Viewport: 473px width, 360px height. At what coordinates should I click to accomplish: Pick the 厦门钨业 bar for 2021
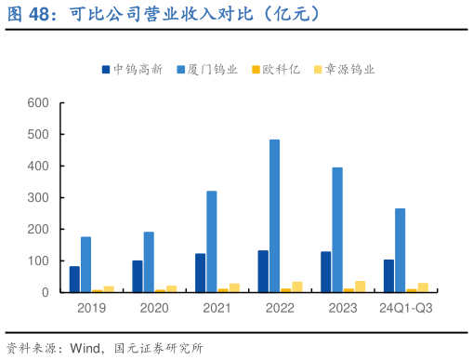point(212,242)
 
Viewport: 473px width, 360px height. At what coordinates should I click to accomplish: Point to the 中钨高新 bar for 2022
point(263,271)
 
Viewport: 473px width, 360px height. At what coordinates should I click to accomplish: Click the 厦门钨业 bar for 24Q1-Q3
point(401,250)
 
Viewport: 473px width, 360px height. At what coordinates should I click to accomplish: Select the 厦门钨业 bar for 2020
point(149,261)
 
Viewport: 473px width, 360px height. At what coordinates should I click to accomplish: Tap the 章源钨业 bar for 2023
point(360,287)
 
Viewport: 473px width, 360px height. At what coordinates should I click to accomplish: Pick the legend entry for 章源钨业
point(343,69)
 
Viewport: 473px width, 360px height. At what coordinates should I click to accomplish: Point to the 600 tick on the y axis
point(38,102)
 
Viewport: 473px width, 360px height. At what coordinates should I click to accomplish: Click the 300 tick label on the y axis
point(38,197)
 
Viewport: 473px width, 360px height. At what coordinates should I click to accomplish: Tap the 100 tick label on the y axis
point(38,260)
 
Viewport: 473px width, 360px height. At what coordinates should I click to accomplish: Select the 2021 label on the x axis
point(217,307)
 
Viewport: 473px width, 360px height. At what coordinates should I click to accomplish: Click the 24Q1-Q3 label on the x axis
point(406,307)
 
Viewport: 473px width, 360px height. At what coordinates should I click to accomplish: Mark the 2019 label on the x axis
point(91,307)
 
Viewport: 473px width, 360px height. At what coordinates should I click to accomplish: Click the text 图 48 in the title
point(29,13)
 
